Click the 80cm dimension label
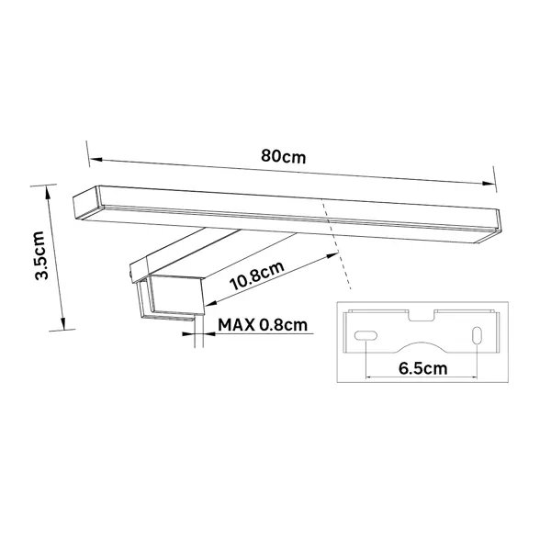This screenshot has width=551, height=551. pyautogui.click(x=283, y=156)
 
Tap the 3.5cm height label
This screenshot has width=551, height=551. pyautogui.click(x=41, y=255)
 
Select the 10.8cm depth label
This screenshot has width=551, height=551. pyautogui.click(x=257, y=275)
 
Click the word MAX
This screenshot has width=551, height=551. pyautogui.click(x=236, y=325)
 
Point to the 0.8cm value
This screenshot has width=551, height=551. pyautogui.click(x=283, y=325)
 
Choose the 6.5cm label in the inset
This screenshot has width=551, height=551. pyautogui.click(x=423, y=368)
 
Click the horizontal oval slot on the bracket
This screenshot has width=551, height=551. pyautogui.click(x=365, y=335)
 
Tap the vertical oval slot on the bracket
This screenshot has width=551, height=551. pyautogui.click(x=477, y=335)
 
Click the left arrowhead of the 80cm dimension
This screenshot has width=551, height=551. pyautogui.click(x=96, y=160)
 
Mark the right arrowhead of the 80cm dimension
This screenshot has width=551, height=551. pyautogui.click(x=489, y=184)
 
